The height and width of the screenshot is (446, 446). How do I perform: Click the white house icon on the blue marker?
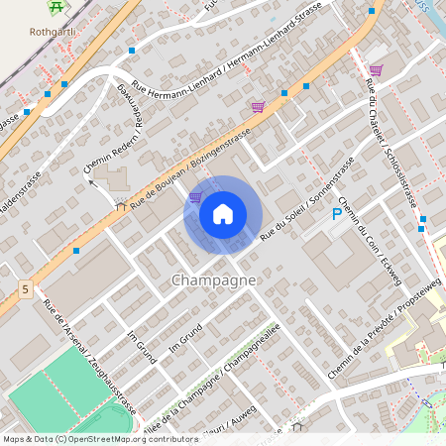(x=223, y=214)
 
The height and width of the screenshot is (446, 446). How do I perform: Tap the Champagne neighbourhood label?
(x=214, y=280)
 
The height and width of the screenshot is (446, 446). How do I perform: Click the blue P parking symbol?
(x=337, y=214)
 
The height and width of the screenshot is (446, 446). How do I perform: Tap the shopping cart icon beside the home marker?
(x=195, y=197)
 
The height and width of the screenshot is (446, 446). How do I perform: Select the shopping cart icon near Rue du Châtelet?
(x=376, y=69)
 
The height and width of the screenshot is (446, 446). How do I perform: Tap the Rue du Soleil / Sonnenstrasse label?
(x=306, y=206)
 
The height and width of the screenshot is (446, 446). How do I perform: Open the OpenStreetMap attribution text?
(x=100, y=439)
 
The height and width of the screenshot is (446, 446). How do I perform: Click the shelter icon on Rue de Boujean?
(x=120, y=207)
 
